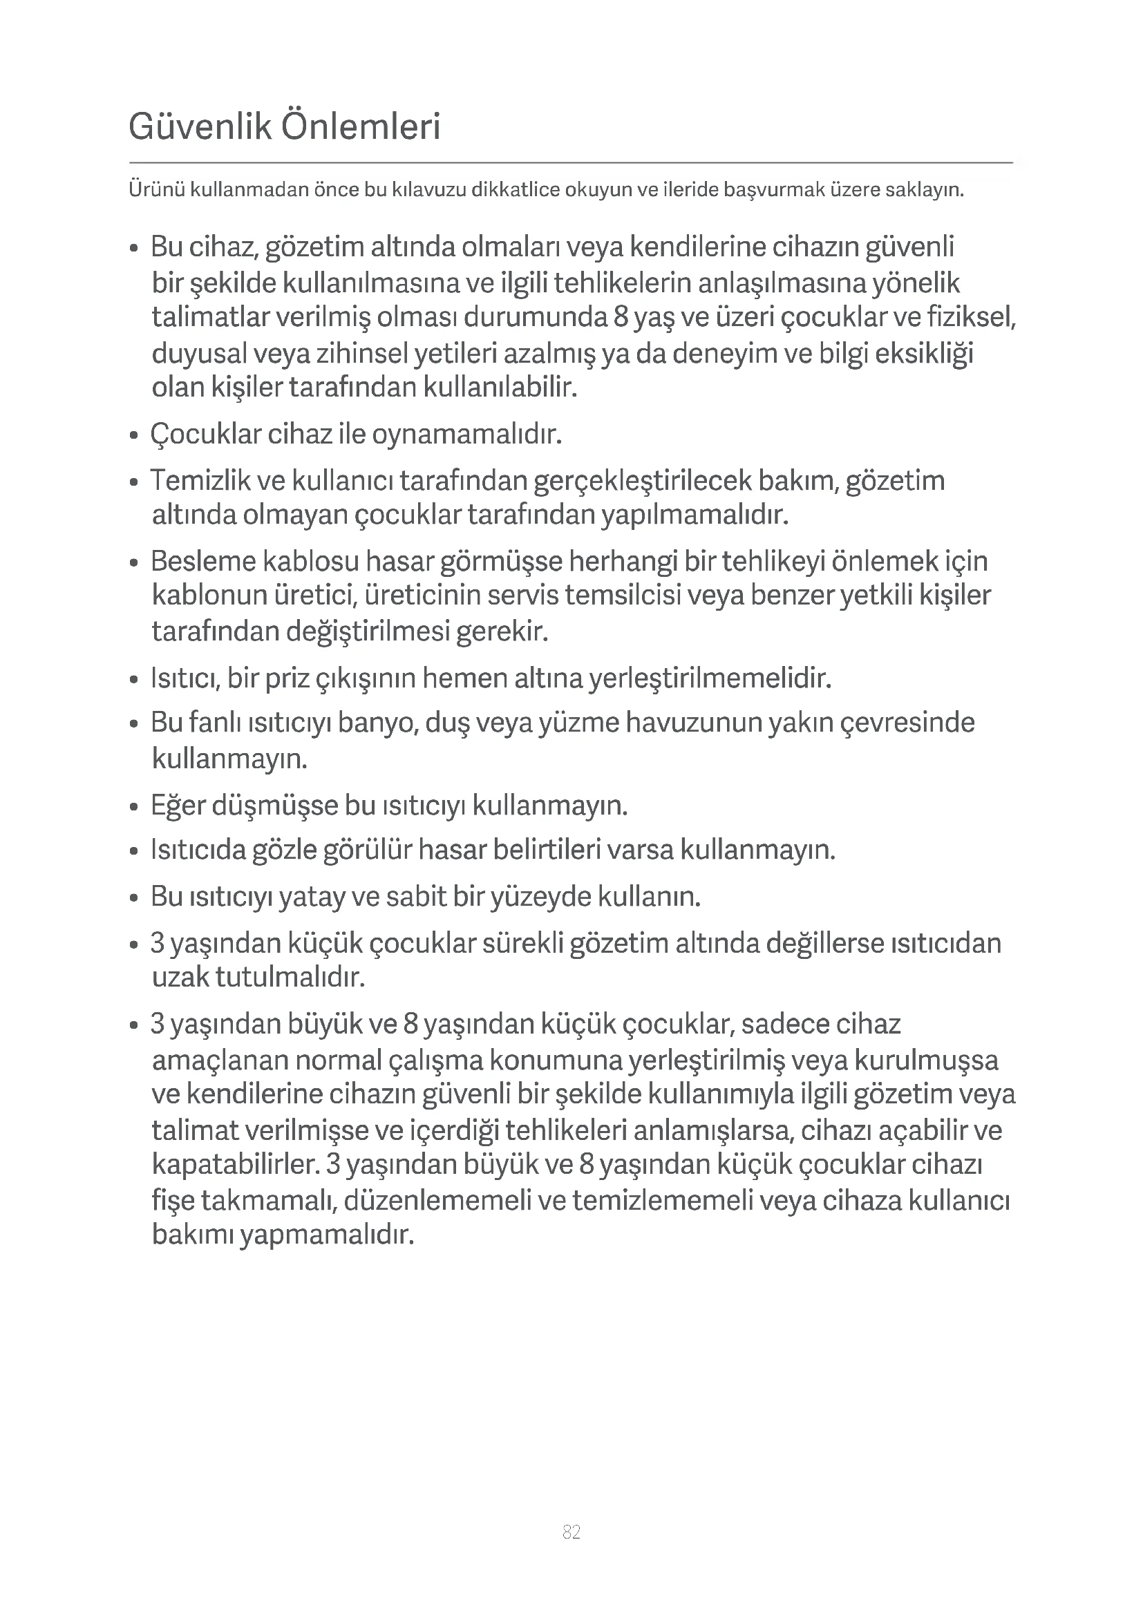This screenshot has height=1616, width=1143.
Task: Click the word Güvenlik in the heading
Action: coord(200,127)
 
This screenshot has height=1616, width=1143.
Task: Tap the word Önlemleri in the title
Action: coord(360,127)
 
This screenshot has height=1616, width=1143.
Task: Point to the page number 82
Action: coord(571,1532)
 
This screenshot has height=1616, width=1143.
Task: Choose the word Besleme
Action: coord(202,562)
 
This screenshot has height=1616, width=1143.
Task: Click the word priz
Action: coord(283,678)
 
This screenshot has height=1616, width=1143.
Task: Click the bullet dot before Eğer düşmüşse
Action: coord(134,806)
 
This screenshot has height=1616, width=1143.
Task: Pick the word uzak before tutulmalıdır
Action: coord(181,977)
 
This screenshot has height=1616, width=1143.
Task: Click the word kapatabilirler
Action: coord(236,1164)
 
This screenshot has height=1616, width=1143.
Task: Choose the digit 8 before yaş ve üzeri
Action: coord(620,317)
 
